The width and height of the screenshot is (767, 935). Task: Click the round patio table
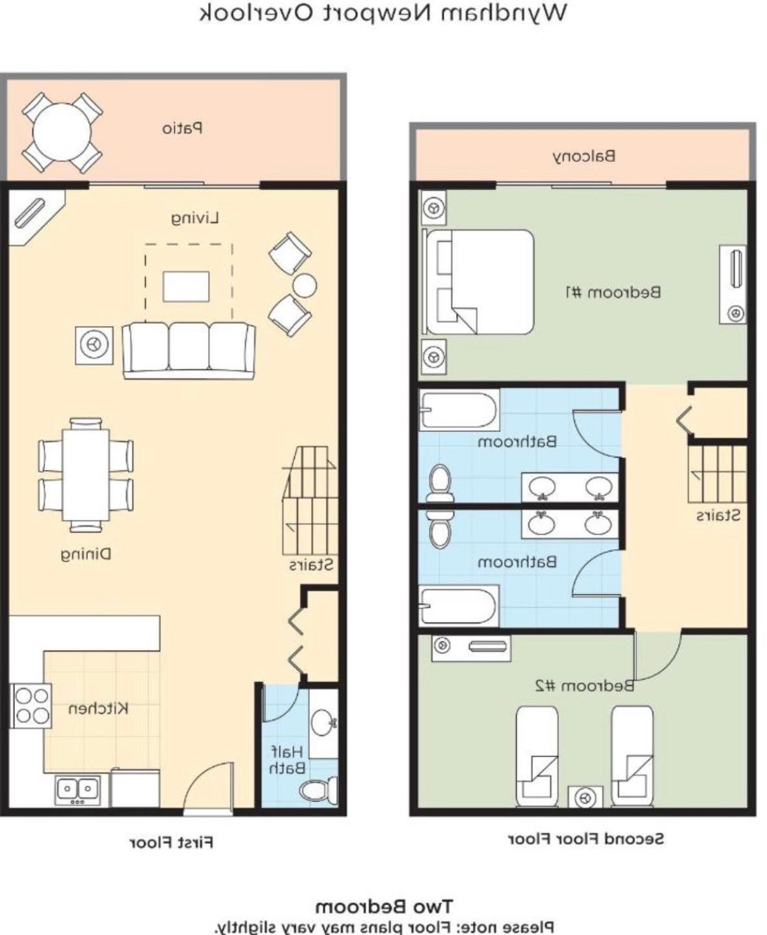pos(62,131)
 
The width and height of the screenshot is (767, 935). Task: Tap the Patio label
pos(182,129)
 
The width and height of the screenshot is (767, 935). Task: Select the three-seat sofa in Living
pos(189,350)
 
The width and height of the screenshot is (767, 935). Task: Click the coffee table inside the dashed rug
pos(186,286)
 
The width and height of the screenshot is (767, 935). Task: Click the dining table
pos(86,474)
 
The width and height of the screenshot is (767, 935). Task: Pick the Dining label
pos(86,554)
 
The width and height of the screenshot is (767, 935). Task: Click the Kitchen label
pos(98,708)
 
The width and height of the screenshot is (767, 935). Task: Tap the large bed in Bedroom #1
pos(478,282)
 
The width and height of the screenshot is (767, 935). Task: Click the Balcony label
pos(584,156)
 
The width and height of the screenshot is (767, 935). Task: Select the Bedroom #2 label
pos(585,686)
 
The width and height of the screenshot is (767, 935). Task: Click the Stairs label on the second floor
pos(718,515)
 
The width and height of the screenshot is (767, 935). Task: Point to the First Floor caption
pos(172,842)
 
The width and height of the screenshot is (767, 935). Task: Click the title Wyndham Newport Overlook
pos(383,13)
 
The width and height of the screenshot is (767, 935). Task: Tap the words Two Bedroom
pos(384,904)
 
